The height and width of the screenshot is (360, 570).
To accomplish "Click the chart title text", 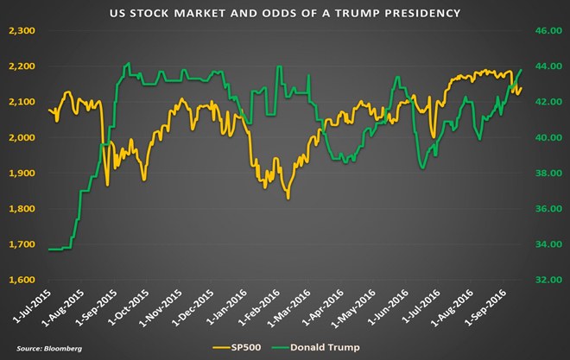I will pyautogui.click(x=284, y=14).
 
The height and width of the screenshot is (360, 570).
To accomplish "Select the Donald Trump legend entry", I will pyautogui.click(x=320, y=345).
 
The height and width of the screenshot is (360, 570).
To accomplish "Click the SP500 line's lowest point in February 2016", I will pyautogui.click(x=288, y=199).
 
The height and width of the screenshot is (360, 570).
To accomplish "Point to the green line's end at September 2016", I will pyautogui.click(x=522, y=70).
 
